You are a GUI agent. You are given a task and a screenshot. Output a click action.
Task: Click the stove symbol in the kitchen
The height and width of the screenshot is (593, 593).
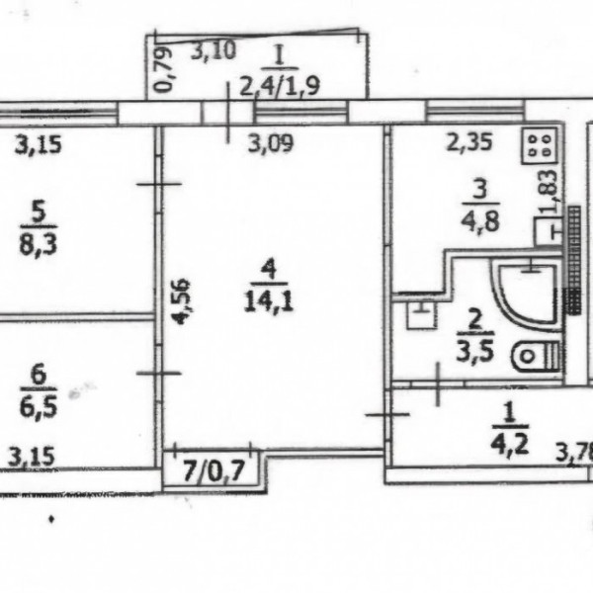click(540, 146)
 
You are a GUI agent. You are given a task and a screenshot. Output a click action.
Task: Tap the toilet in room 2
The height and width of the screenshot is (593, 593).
click(537, 356)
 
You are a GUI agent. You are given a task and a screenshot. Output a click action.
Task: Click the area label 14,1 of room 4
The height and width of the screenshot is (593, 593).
click(269, 301)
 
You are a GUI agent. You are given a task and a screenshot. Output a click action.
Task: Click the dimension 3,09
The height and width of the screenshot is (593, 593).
click(271, 143)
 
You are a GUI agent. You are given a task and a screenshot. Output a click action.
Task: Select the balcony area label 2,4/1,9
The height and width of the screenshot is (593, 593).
click(281, 86)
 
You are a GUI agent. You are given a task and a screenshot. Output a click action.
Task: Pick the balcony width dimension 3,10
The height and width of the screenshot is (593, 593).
click(213, 50)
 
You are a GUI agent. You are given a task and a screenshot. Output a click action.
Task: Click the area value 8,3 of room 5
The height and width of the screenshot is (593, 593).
click(39, 245)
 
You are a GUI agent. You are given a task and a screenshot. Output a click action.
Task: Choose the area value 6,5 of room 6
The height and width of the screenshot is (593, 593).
click(39, 407)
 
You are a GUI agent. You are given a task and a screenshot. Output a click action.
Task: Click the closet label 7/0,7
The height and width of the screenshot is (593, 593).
click(214, 471)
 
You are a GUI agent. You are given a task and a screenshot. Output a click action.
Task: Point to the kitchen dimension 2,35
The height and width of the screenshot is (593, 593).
click(469, 142)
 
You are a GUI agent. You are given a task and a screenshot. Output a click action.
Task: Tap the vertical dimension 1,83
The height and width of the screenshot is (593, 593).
click(550, 192)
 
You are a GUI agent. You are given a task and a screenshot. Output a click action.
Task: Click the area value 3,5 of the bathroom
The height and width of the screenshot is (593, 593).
click(475, 351)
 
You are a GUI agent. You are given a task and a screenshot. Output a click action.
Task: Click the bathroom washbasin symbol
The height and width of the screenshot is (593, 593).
click(422, 314)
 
